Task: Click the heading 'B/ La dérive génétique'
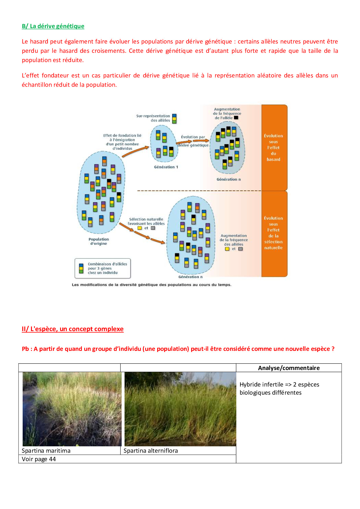[x=53, y=26]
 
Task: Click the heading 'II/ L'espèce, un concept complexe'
[x=73, y=329]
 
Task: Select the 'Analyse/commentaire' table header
[x=289, y=368]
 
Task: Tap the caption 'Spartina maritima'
[x=46, y=451]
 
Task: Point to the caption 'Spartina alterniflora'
[x=151, y=451]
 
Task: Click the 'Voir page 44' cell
[x=39, y=459]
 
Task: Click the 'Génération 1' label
[x=166, y=167]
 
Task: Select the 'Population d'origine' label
[x=99, y=241]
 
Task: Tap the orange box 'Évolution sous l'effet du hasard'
[x=274, y=147]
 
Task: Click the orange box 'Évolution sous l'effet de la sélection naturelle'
[x=274, y=233]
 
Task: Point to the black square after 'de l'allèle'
[x=236, y=118]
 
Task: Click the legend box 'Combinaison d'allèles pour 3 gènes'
[x=103, y=268]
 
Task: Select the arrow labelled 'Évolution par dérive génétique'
[x=192, y=141]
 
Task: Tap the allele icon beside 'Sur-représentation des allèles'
[x=174, y=118]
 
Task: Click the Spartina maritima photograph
[x=72, y=409]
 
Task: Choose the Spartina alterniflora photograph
[x=180, y=409]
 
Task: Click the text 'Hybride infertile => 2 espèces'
[x=279, y=385]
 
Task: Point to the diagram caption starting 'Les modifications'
[x=152, y=285]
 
